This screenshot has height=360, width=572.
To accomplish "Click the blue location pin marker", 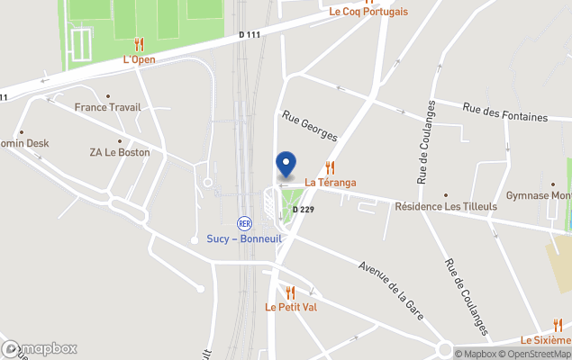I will pyautogui.click(x=286, y=164).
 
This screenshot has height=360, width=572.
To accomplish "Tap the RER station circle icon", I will pyautogui.click(x=243, y=222).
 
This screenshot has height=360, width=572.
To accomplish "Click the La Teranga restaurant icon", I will pyautogui.click(x=331, y=167).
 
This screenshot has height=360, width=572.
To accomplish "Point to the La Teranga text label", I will pyautogui.click(x=331, y=183).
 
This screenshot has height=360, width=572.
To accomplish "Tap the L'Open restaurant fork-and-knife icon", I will pyautogui.click(x=139, y=44).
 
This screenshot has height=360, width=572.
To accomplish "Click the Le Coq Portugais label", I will pyautogui.click(x=368, y=12).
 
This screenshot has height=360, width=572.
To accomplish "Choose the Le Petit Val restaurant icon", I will pyautogui.click(x=290, y=292).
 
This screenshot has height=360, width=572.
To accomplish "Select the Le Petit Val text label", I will pyautogui.click(x=290, y=307).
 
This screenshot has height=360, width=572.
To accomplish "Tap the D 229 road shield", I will pyautogui.click(x=304, y=210).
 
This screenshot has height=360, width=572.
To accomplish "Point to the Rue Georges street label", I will pyautogui.click(x=309, y=126).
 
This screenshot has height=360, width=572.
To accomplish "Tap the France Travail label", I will pyautogui.click(x=108, y=107).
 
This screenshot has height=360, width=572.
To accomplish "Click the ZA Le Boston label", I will pyautogui.click(x=120, y=152).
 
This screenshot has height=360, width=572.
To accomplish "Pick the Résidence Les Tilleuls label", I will pyautogui.click(x=446, y=206).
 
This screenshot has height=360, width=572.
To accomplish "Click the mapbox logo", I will pyautogui.click(x=40, y=348).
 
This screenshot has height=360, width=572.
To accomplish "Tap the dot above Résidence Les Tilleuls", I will pyautogui.click(x=446, y=194).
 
